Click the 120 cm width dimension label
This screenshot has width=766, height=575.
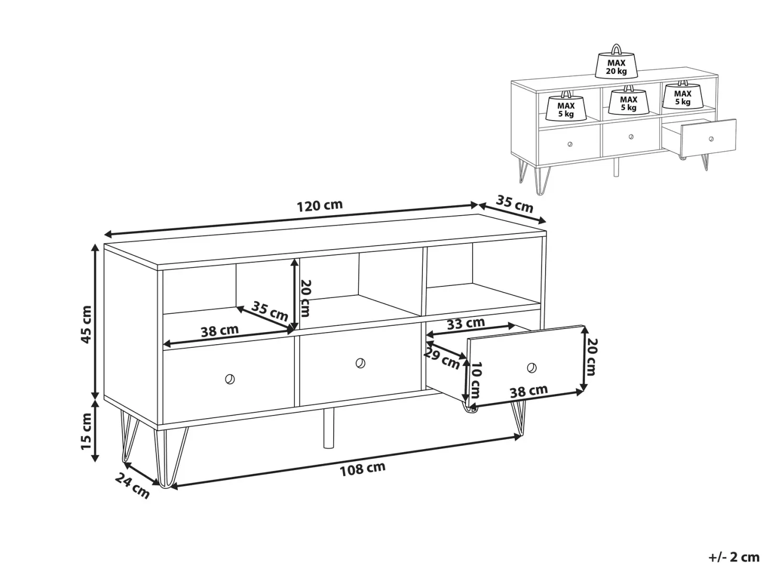pos(320,206)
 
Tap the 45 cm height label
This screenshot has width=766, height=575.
pos(86,324)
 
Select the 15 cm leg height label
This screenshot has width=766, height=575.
pos(86,431)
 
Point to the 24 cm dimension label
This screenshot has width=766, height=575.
pos(132,486)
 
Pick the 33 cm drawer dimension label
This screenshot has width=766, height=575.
pos(465,323)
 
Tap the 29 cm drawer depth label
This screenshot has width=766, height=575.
pos(441,359)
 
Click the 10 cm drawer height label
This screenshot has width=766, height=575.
pos(475,380)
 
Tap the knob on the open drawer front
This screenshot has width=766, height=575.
pos(531,367)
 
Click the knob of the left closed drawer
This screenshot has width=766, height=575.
pos(230,379)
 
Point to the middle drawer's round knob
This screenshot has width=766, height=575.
pos(360,363)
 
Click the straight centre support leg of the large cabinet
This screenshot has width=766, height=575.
pos(328,428)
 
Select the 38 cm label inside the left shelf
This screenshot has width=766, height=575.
pos(219,331)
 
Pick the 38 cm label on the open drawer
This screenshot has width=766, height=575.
pos(529,391)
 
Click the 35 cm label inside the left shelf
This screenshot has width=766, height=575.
pos(269,311)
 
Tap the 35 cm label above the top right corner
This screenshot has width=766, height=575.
pos(514,204)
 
